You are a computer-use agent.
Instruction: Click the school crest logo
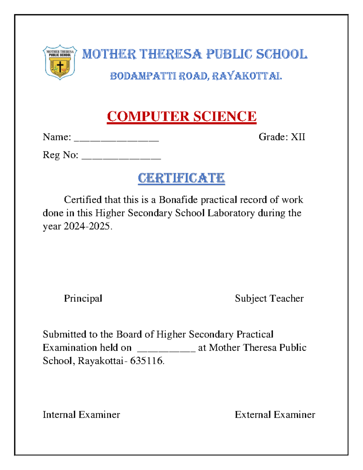click(60, 62)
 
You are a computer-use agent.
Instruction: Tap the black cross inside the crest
click(60, 66)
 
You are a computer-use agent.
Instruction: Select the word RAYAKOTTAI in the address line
click(247, 76)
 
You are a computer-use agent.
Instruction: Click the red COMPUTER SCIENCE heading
click(181, 117)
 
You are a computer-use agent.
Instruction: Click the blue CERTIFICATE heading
click(181, 178)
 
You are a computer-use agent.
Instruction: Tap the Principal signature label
click(83, 298)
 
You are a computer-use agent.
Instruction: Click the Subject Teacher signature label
click(269, 298)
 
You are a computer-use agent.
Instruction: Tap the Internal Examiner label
click(81, 415)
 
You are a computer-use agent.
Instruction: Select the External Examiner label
click(275, 415)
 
